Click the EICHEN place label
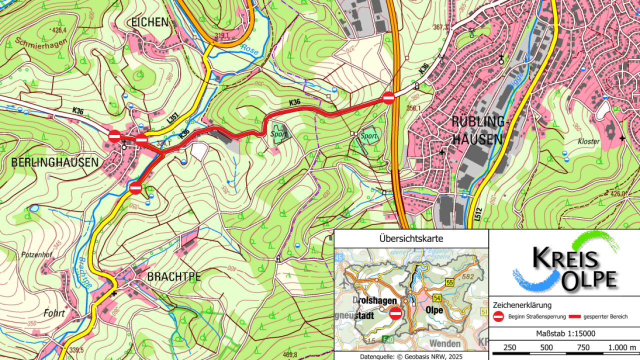click(149, 22)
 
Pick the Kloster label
click(588, 141)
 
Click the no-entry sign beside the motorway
click(388, 98)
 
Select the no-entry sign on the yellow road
click(135, 188)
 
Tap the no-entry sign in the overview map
click(395, 314)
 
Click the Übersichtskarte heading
click(411, 238)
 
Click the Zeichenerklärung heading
click(522, 304)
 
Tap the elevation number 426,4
click(59, 30)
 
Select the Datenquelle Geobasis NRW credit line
click(411, 356)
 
